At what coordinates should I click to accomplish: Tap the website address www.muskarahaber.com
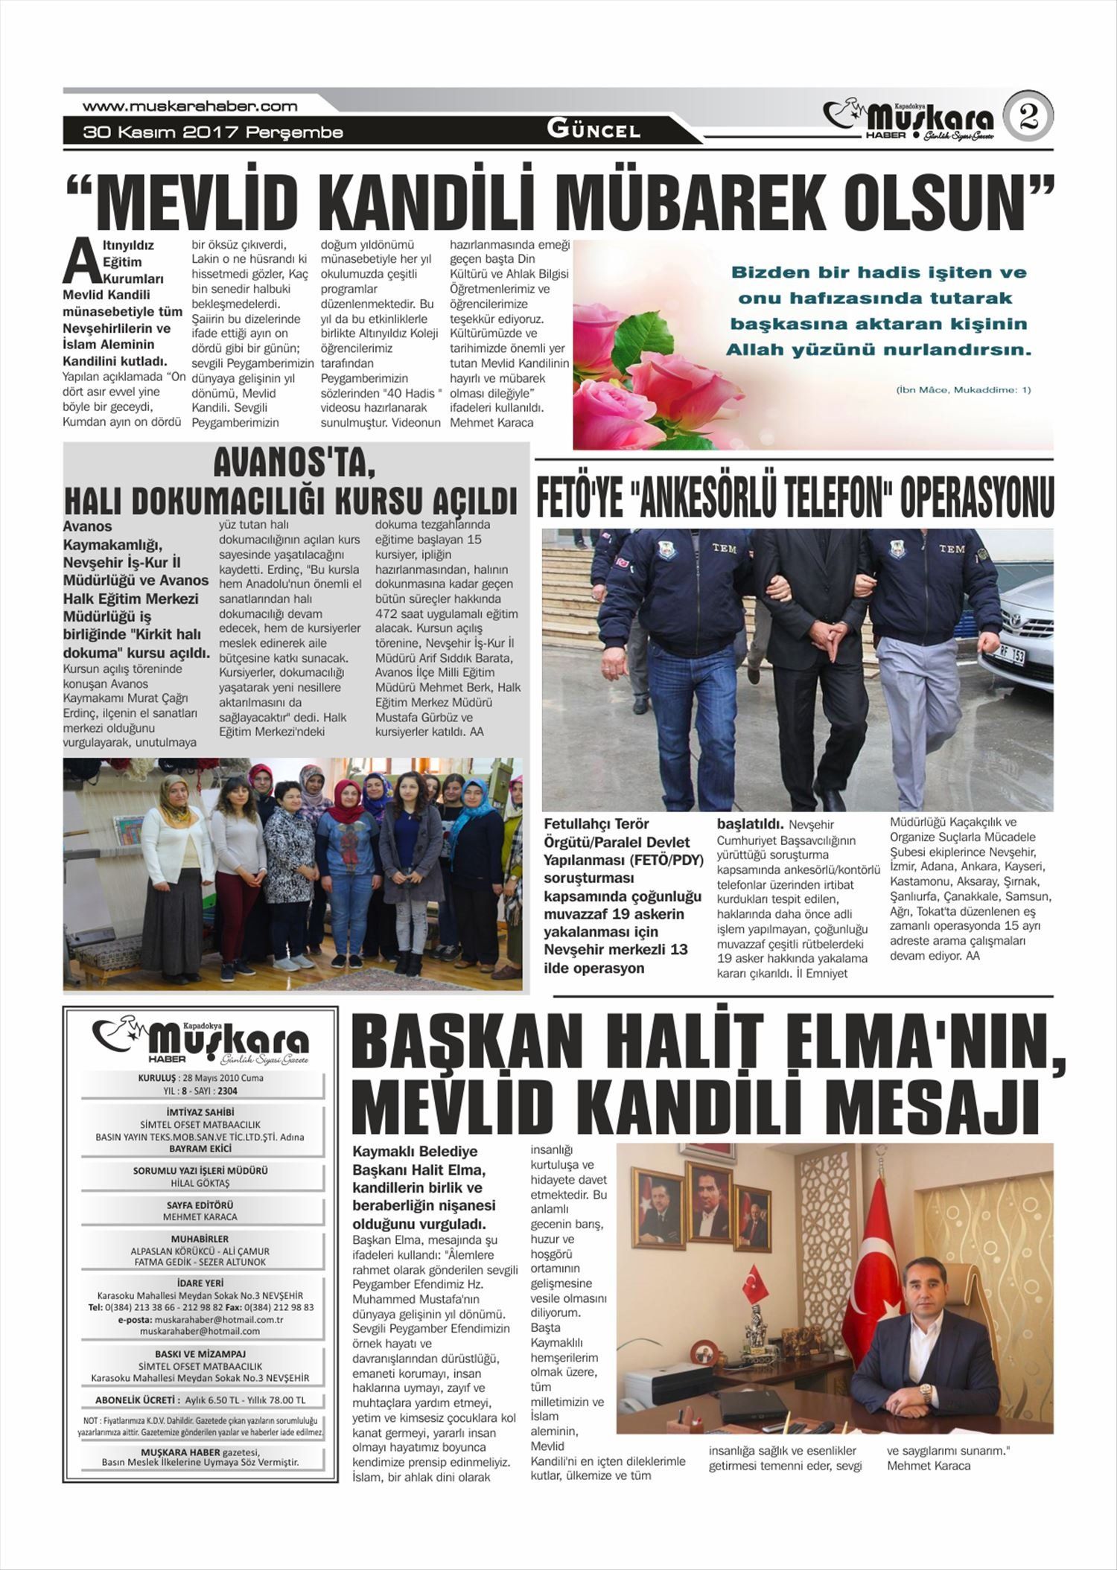click(x=190, y=106)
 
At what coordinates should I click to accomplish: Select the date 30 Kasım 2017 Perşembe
click(x=213, y=133)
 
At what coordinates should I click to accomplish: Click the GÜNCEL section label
click(x=593, y=130)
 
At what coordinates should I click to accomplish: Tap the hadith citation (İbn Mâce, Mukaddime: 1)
click(x=963, y=389)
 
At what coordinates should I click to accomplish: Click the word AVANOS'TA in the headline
click(x=294, y=465)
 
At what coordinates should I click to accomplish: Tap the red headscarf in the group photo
click(x=345, y=803)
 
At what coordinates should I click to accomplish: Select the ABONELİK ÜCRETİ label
click(x=137, y=1400)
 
